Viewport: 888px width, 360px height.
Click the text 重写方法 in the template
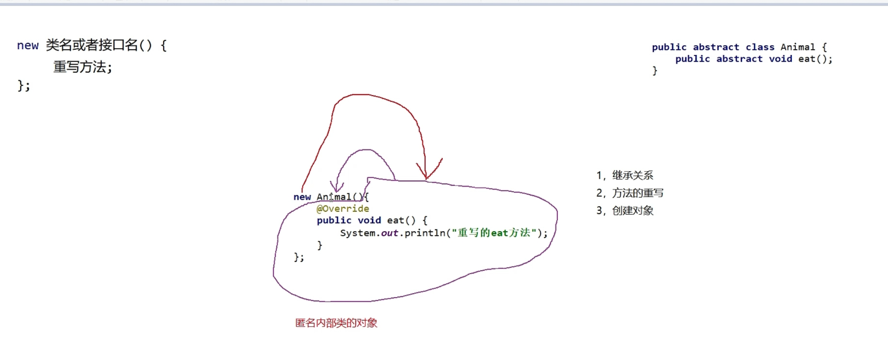[80, 67]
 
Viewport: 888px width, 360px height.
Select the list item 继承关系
[632, 176]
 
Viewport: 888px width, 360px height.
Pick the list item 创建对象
[632, 211]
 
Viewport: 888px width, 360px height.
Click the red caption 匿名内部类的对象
[336, 323]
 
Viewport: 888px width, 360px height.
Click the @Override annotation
[343, 209]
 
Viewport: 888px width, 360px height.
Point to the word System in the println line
[358, 233]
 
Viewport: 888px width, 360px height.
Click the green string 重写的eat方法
[495, 233]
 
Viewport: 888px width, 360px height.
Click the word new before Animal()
[302, 197]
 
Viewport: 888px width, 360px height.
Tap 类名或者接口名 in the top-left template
[92, 45]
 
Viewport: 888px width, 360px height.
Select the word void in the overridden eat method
[370, 220]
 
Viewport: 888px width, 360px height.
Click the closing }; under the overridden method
[299, 257]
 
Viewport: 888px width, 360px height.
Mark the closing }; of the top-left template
[23, 86]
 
